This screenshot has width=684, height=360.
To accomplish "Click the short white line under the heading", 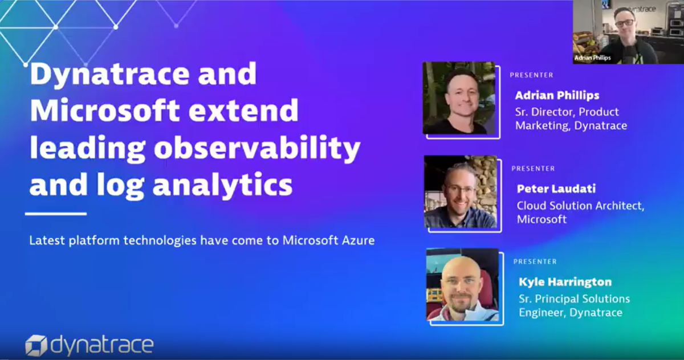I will click(x=56, y=214).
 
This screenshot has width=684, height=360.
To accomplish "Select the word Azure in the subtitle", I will click(x=357, y=240).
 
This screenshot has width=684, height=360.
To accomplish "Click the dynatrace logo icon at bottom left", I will click(x=35, y=345).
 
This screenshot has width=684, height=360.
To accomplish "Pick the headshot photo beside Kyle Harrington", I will click(x=462, y=284).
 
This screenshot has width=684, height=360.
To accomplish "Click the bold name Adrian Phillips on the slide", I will click(x=557, y=95).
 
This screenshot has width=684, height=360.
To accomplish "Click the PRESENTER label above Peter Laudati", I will click(x=534, y=169).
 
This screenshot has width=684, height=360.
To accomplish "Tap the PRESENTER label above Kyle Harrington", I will click(x=535, y=261).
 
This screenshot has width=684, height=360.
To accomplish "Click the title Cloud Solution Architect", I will click(x=580, y=205).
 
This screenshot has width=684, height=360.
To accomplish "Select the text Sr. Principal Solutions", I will click(x=574, y=298).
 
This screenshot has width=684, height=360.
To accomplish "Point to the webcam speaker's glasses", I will click(x=625, y=22).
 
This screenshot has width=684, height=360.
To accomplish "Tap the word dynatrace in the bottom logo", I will click(x=102, y=345).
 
